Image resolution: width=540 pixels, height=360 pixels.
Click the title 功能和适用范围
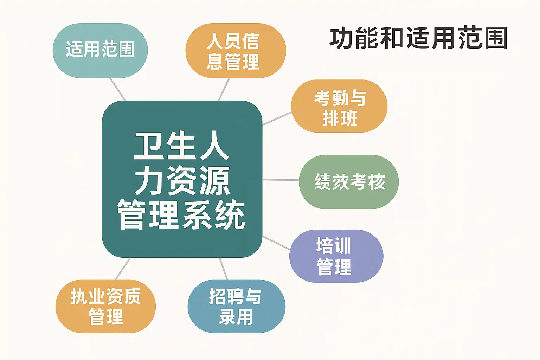[418, 38]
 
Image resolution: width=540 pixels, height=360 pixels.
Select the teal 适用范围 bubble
[100, 50]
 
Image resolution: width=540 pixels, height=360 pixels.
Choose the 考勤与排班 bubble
[339, 106]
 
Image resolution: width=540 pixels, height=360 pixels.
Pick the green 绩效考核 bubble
[349, 182]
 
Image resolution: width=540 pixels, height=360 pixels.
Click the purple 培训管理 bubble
[336, 256]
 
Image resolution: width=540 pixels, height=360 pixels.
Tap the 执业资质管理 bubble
[105, 306]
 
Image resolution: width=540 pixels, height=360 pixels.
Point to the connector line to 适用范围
[118, 89]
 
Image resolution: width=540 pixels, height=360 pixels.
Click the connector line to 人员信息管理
[224, 89]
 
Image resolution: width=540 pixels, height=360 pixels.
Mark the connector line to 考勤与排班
[277, 118]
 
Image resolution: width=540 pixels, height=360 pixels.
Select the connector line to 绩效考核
[281, 180]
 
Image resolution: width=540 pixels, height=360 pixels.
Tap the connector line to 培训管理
[276, 243]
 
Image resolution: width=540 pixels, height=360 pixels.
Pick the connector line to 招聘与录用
[223, 269]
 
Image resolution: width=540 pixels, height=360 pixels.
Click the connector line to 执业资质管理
[123, 269]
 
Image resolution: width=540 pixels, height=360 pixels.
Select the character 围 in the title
[495, 38]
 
